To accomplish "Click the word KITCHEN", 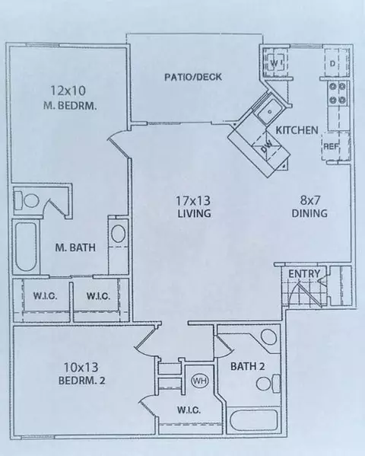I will (x=297, y=130).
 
